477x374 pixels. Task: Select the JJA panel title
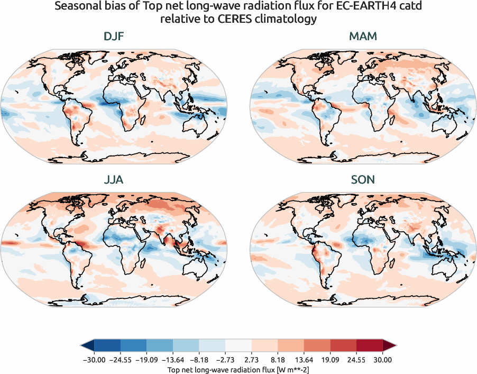tap(114, 180)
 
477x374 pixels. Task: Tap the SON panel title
tap(363, 180)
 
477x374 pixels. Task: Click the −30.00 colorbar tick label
tap(93, 359)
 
